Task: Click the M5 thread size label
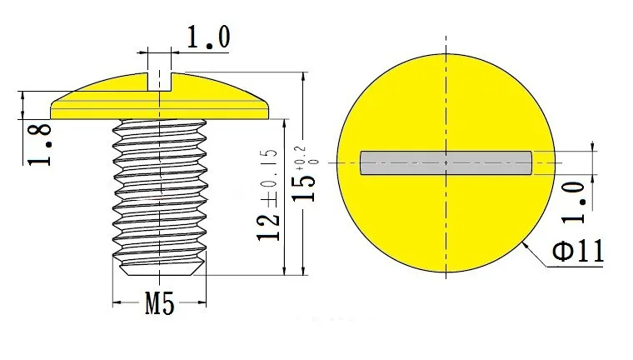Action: point(160,303)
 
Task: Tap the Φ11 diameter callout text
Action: point(578,251)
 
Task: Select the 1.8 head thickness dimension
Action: point(40,145)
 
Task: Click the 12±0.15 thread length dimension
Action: point(267,195)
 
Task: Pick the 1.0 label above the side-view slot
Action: point(208,37)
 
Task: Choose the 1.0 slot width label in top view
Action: point(574,202)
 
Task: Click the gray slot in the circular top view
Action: point(446,162)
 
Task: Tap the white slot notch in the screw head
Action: point(160,82)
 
